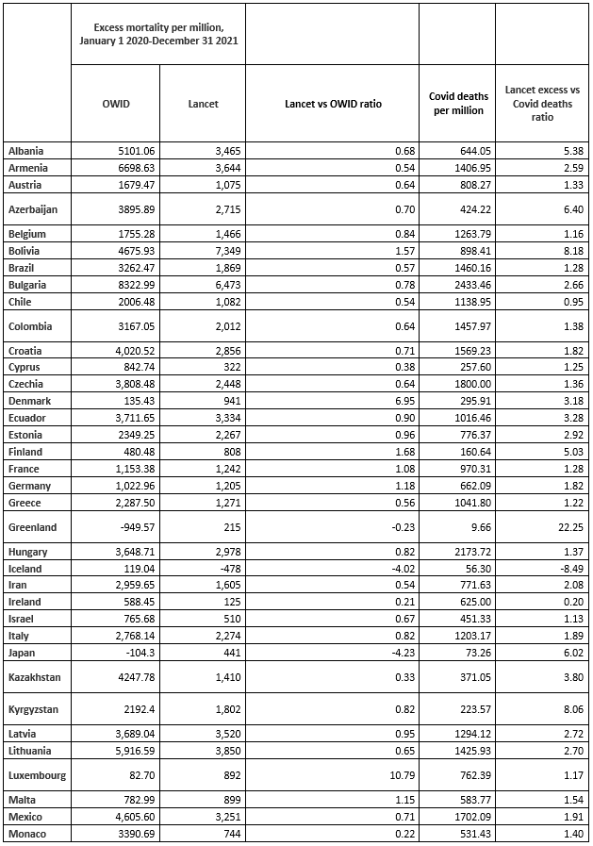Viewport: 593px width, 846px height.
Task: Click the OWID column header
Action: point(116,103)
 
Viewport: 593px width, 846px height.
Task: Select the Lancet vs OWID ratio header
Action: point(332,103)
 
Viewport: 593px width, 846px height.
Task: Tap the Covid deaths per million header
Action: point(456,103)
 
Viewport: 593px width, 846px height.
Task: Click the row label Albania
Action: point(26,151)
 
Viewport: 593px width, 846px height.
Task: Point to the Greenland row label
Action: point(33,527)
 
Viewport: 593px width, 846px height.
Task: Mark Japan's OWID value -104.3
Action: point(135,652)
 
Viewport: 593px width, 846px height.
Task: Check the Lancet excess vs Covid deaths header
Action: point(542,103)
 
